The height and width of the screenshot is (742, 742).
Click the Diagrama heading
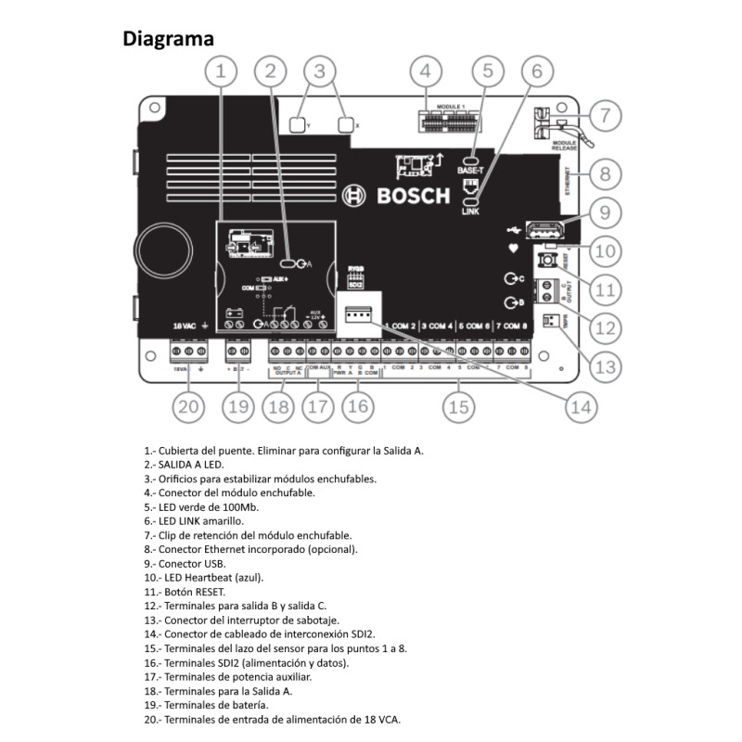[x=169, y=39]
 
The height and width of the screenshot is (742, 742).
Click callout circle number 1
[x=220, y=70]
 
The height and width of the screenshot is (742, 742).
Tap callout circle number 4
[x=424, y=70]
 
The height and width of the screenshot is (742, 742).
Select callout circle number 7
[x=604, y=116]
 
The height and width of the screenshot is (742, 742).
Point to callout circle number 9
[x=604, y=212]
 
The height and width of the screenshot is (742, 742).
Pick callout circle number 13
[x=604, y=366]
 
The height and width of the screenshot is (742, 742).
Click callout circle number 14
[x=580, y=405]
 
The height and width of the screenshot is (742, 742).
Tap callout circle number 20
[x=188, y=405]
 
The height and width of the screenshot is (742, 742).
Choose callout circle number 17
[x=318, y=405]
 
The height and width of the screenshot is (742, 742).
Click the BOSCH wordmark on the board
[x=413, y=196]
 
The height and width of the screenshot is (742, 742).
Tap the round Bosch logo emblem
[x=353, y=196]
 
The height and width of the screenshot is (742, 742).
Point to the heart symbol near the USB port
[x=511, y=249]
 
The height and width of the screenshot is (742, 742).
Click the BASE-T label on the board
[x=470, y=171]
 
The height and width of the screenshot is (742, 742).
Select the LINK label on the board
[x=470, y=212]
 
